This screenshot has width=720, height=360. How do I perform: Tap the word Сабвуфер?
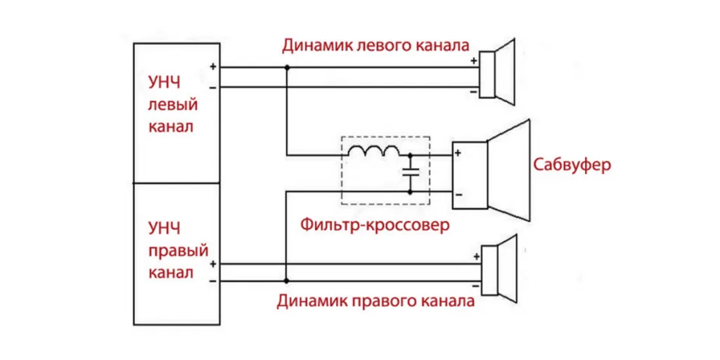coord(572,165)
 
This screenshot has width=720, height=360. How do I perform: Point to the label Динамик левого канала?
coord(375,46)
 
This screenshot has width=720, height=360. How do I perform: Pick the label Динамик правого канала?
coord(375,301)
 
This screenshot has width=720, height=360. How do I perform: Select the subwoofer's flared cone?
coord(509,169)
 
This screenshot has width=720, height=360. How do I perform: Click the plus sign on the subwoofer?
coord(458,153)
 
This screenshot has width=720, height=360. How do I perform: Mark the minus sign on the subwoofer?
coord(458,193)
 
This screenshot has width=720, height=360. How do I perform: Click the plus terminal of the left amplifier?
coord(212,67)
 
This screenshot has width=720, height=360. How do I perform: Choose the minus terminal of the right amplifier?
coord(212,281)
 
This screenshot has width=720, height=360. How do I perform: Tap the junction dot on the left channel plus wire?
coord(287,68)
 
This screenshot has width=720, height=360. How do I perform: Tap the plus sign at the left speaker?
coord(474,60)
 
